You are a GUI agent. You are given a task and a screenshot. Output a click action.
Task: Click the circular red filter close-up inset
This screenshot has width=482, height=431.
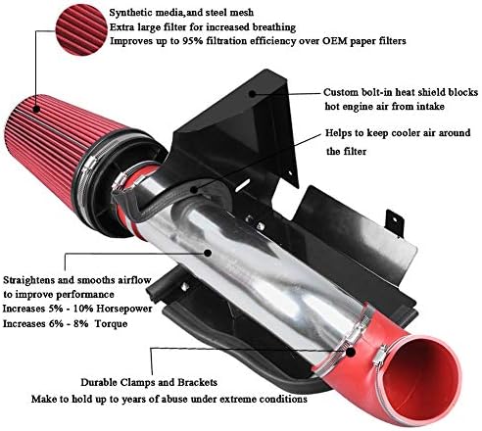[81, 30]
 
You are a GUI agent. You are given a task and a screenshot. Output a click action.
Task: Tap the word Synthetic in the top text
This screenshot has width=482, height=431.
[127, 13]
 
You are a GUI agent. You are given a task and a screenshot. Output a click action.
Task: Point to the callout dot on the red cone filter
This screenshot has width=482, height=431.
[36, 109]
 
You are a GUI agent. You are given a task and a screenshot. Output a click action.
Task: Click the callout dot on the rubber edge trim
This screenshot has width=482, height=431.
[194, 189]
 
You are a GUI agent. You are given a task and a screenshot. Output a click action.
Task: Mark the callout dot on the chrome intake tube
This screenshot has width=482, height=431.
[208, 253]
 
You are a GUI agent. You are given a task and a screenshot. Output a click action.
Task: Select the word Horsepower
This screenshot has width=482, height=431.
[124, 309]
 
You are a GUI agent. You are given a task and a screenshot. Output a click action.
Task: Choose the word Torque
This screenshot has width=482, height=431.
[111, 324]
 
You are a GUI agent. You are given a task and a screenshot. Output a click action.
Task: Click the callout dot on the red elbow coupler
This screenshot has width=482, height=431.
[351, 352]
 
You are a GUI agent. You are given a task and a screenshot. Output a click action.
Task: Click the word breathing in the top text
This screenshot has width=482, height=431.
[273, 27]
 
